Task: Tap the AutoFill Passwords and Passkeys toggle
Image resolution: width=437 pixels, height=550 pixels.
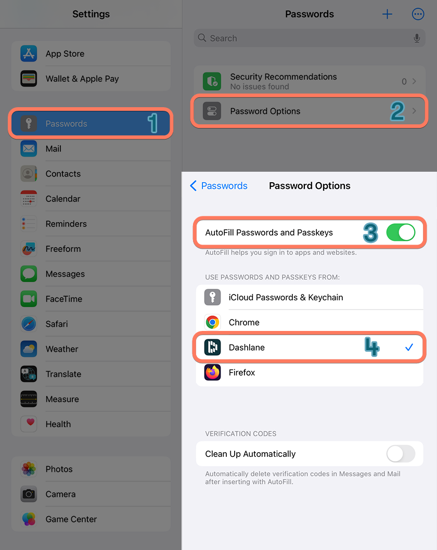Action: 401,233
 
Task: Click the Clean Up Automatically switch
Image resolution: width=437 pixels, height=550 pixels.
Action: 401,454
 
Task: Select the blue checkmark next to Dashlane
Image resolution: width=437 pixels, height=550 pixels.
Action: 409,347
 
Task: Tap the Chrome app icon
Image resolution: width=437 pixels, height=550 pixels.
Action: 212,323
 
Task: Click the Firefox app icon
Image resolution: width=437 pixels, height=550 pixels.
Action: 212,373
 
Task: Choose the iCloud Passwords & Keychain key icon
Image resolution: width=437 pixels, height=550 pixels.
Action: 212,298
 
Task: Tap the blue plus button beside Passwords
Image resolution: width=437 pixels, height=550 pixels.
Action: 387,15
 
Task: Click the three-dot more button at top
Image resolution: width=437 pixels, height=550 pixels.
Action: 418,15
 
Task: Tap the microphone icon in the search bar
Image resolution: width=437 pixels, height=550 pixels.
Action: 417,39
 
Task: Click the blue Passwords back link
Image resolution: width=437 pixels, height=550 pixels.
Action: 219,186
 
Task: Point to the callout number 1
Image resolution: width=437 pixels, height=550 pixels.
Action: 152,123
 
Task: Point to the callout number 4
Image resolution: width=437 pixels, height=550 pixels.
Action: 371,347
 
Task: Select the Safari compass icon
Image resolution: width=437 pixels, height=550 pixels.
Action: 29,324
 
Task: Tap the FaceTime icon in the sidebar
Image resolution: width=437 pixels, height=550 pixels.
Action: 29,299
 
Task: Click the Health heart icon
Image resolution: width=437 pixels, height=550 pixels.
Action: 29,424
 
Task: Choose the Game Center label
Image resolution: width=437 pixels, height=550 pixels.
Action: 71,519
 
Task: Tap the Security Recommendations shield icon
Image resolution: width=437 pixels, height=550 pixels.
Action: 212,82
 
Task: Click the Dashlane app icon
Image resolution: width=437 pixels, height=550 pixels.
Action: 212,348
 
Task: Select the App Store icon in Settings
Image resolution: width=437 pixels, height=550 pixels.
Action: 29,54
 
